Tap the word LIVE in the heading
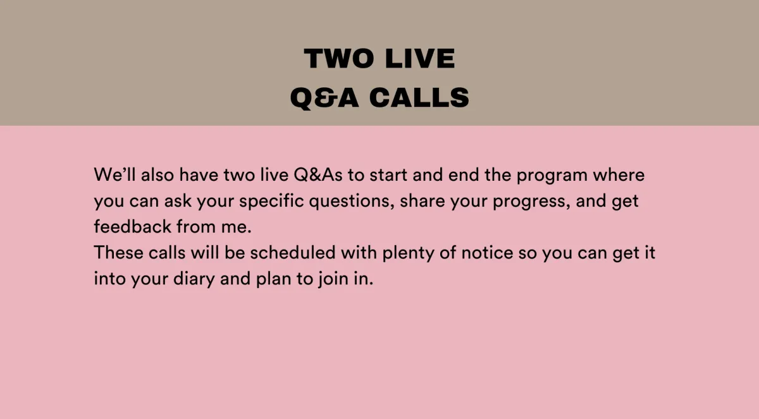tap(420, 59)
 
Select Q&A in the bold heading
tap(324, 98)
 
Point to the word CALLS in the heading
tap(419, 97)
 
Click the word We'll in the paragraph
tap(114, 174)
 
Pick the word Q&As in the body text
tap(318, 174)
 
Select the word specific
tap(271, 202)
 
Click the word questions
tap(352, 202)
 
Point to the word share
tap(423, 201)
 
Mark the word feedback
tap(132, 226)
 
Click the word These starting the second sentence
tap(119, 253)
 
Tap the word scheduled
tap(293, 253)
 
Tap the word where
tap(619, 174)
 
